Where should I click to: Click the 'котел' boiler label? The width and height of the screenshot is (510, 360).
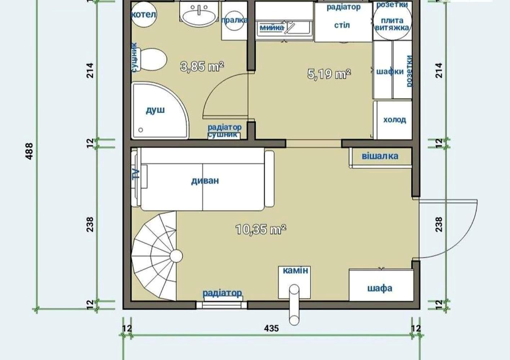point(144,15)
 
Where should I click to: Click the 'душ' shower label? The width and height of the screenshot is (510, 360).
point(155,111)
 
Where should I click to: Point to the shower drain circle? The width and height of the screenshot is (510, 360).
point(141,130)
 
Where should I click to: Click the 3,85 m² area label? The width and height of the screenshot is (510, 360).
point(202,67)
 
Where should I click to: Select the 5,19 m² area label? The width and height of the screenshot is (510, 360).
point(329,74)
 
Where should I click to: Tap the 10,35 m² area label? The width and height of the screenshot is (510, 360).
point(261,229)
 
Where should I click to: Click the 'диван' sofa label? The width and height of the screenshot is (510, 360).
point(205,180)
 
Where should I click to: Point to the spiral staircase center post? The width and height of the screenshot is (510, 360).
point(176,256)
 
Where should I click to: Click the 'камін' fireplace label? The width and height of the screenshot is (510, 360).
point(295,270)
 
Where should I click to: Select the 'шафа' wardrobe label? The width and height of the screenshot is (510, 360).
point(380,288)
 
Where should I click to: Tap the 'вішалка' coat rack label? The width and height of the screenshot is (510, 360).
point(380,156)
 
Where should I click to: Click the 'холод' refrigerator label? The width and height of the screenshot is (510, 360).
point(395,120)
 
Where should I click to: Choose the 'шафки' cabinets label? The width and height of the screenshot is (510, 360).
point(390,71)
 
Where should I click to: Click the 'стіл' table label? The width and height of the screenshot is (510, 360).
point(342,25)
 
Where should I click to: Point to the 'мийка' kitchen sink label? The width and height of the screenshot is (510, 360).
point(272,27)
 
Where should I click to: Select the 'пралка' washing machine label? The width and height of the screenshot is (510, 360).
point(234,20)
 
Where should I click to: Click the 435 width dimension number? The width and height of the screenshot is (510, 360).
point(272,328)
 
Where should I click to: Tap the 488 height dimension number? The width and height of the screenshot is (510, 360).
point(30,151)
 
